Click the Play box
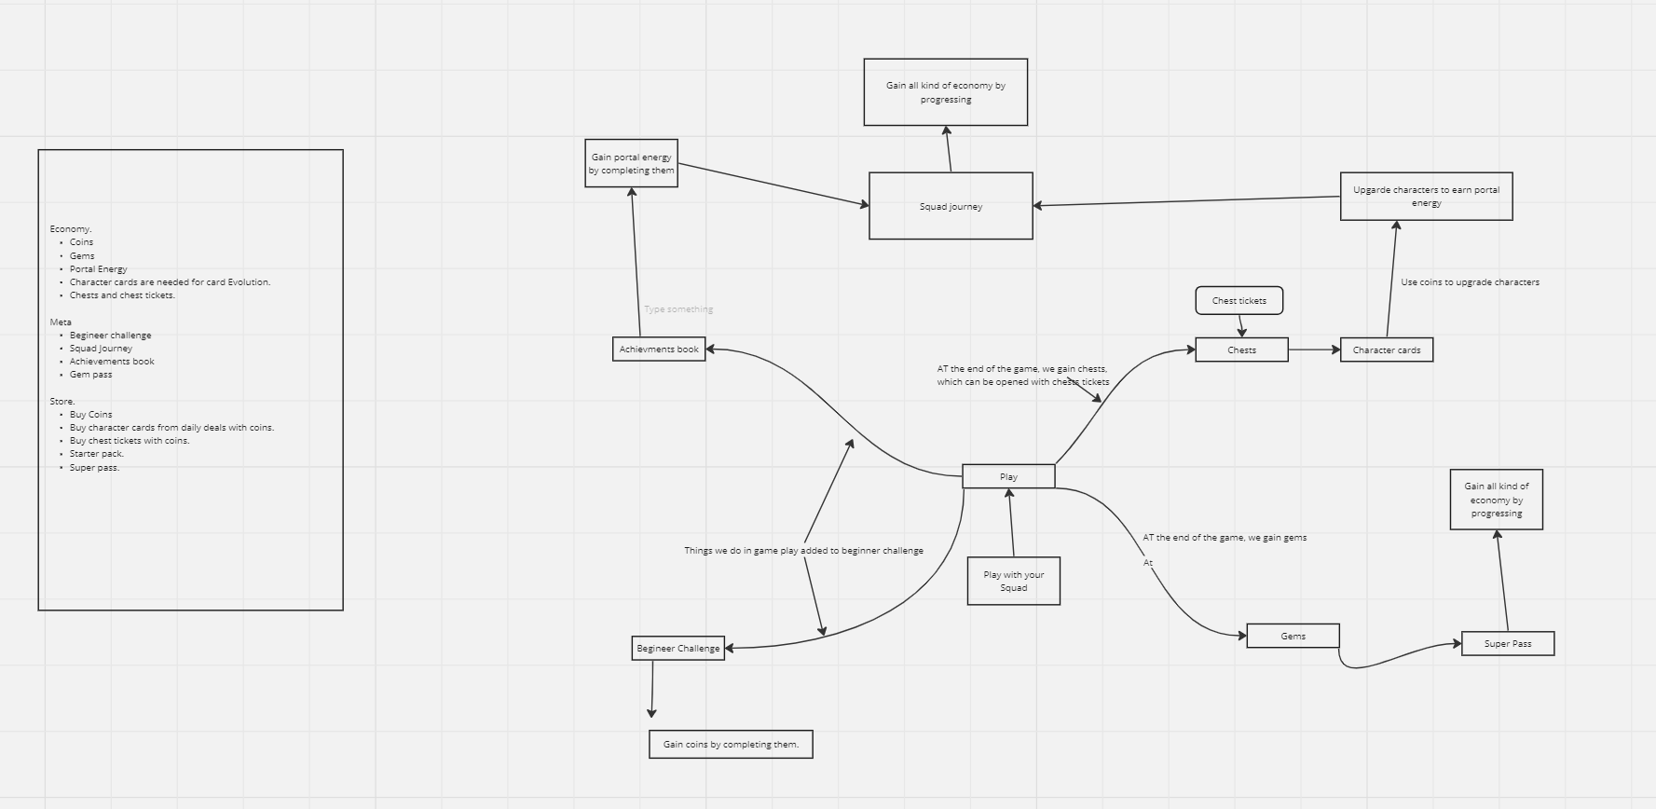(1008, 476)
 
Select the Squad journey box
(951, 206)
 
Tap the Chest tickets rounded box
(1239, 300)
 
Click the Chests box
(1241, 350)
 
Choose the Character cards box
(1387, 350)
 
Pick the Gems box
(1293, 636)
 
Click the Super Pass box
(1508, 643)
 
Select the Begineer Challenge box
(677, 648)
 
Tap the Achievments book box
(659, 349)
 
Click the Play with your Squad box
(1013, 581)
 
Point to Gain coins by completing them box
(731, 744)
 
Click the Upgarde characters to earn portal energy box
(1426, 196)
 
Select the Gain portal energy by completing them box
(631, 163)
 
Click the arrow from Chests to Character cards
(1314, 350)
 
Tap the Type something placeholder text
(678, 309)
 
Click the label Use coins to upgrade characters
(1470, 281)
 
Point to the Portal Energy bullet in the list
(98, 268)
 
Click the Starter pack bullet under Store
(96, 454)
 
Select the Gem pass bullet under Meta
(90, 374)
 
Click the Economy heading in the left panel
(71, 228)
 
